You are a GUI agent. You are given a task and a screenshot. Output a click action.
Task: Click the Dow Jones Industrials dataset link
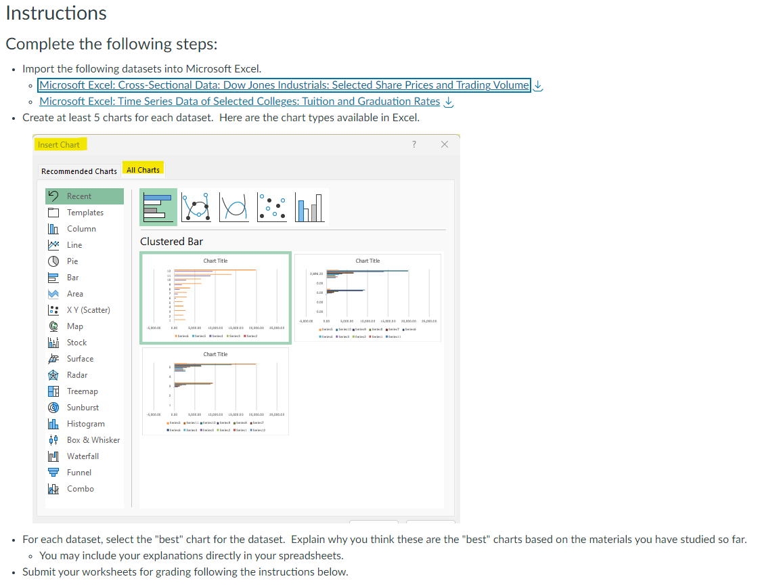284,85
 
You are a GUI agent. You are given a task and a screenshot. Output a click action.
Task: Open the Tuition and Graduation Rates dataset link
240,102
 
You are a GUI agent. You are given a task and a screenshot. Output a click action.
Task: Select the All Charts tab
143,169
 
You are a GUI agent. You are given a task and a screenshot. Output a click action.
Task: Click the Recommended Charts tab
79,171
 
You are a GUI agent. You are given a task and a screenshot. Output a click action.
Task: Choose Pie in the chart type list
72,261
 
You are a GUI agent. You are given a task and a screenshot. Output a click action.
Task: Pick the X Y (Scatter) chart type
88,310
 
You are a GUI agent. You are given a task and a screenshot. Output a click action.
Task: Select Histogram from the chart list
85,424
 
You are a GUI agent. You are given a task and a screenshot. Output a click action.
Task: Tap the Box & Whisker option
93,440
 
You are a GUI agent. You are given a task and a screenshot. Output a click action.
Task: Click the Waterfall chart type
83,456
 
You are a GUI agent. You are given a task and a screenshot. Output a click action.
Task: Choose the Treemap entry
82,391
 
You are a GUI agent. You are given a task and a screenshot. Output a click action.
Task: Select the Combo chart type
80,489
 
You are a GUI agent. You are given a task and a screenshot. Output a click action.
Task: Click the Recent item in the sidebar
79,196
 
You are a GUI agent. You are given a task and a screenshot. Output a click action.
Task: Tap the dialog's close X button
444,144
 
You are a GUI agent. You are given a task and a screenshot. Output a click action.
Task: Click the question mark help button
413,144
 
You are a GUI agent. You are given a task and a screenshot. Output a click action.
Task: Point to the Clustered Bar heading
171,242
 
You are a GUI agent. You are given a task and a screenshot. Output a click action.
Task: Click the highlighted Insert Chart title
59,144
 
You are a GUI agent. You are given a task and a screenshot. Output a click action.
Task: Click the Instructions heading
56,13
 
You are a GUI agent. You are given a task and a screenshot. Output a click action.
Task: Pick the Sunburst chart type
83,408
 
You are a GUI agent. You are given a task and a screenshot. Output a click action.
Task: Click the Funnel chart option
79,473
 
